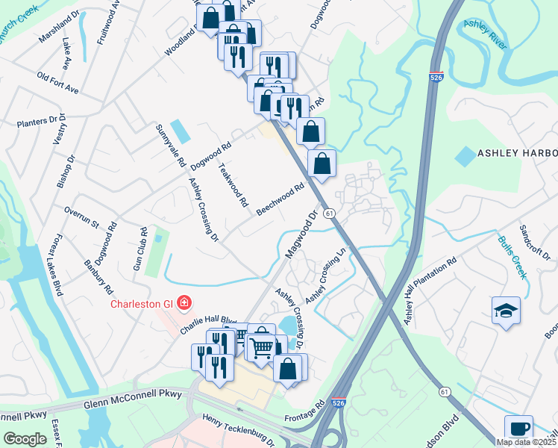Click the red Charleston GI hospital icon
click(x=184, y=303)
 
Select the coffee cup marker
click(x=518, y=429)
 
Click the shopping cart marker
click(x=261, y=346)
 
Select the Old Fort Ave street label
click(x=57, y=83)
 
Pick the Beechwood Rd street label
click(x=281, y=199)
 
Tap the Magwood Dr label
click(x=301, y=234)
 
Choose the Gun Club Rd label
click(x=140, y=250)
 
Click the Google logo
click(x=25, y=439)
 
